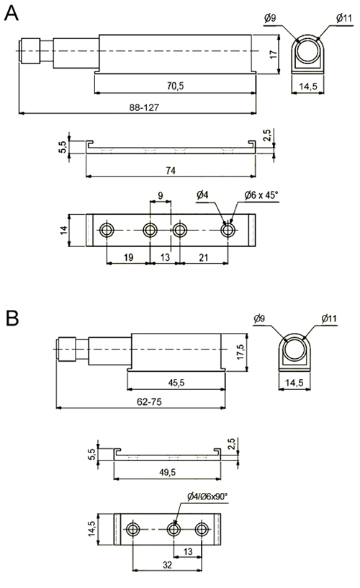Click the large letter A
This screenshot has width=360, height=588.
tap(11, 14)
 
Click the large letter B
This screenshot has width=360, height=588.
tap(12, 318)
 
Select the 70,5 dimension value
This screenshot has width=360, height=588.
tap(175, 86)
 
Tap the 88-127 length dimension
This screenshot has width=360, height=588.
tap(144, 107)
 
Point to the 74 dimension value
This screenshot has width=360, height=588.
tap(171, 171)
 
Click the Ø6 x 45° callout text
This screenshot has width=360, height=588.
tap(261, 195)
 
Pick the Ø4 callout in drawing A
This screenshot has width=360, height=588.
tap(202, 195)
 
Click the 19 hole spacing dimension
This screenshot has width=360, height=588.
tap(128, 257)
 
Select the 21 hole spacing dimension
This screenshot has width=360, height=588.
tap(204, 257)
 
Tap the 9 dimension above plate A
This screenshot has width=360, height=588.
tap(161, 195)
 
